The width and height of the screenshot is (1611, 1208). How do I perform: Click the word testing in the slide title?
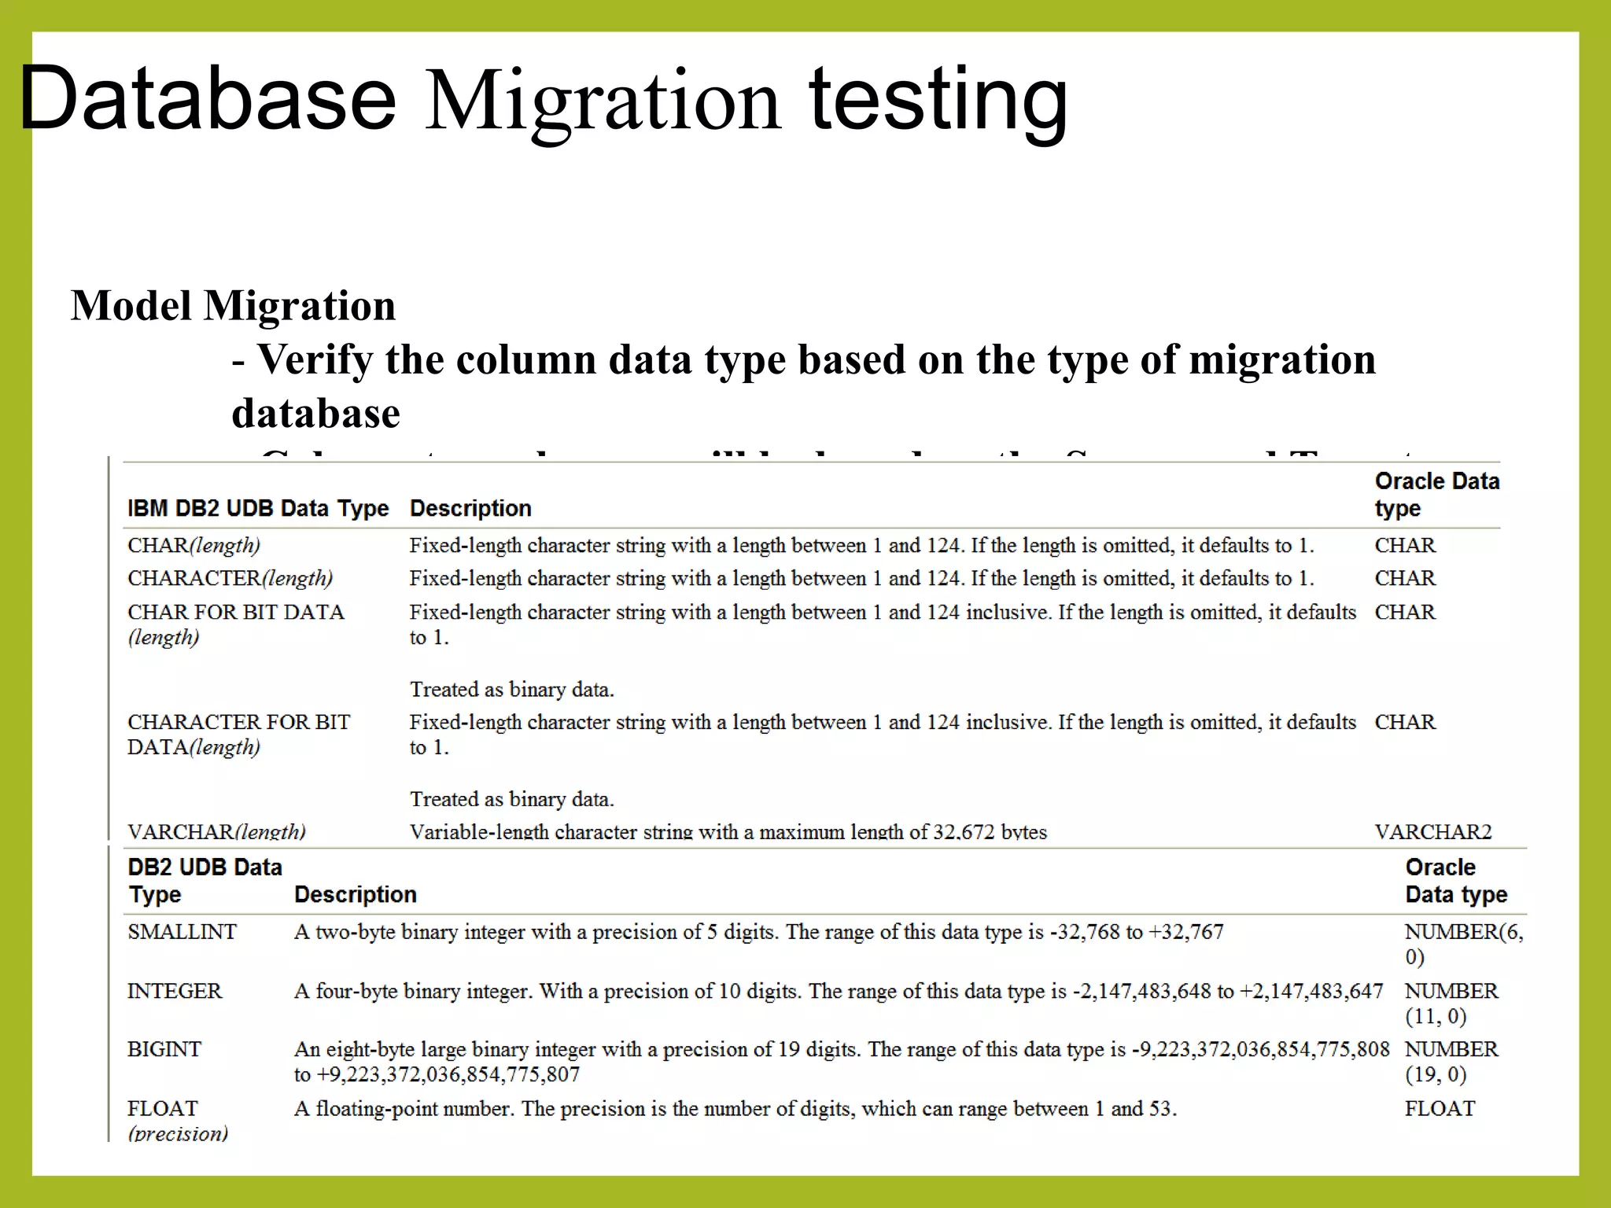coord(938,101)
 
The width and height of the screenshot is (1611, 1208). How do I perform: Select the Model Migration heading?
coord(233,305)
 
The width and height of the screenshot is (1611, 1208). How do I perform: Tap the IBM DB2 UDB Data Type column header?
coord(258,508)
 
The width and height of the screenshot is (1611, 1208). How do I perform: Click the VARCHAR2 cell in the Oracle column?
coord(1432,831)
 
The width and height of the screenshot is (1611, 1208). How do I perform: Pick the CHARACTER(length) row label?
coord(230,578)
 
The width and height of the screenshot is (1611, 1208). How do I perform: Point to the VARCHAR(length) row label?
coord(216,831)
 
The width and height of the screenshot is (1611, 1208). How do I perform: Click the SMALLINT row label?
coord(182,932)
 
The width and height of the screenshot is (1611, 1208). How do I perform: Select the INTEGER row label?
coord(175,991)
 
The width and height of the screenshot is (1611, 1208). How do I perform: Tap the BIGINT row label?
coord(164,1049)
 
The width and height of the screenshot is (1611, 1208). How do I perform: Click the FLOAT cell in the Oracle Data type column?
coord(1440,1108)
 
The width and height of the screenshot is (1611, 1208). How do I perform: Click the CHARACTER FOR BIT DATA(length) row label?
coord(238,734)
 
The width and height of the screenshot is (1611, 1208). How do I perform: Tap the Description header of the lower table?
coord(355,894)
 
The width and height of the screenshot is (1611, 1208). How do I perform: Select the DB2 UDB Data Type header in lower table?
coord(204,880)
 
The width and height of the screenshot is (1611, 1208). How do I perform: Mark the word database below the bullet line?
coord(315,413)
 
